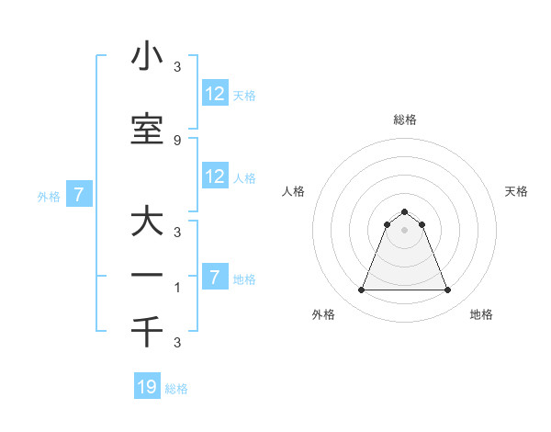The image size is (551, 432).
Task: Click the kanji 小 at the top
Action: pos(147,58)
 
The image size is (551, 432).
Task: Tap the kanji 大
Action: pos(147,223)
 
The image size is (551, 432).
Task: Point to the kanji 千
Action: pos(147,331)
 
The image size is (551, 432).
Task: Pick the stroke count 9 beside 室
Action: pos(177,140)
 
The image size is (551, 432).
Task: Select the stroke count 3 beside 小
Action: pos(177,66)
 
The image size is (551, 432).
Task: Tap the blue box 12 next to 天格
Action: pos(215,93)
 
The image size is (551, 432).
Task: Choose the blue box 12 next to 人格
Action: pos(215,176)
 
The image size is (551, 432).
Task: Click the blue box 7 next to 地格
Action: pos(215,277)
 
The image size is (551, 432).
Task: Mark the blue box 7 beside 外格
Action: pos(79,194)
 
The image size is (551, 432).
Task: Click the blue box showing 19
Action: pos(147,387)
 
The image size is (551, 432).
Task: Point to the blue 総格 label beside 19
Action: pos(176,389)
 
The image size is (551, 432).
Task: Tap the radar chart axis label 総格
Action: pos(405,119)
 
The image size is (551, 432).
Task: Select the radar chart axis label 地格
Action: pos(481,314)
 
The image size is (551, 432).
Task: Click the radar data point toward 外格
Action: pos(361,290)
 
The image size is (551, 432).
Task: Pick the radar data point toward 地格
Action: pos(448,290)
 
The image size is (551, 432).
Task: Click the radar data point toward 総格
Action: pos(405,210)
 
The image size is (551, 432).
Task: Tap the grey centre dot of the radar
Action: pos(405,230)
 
